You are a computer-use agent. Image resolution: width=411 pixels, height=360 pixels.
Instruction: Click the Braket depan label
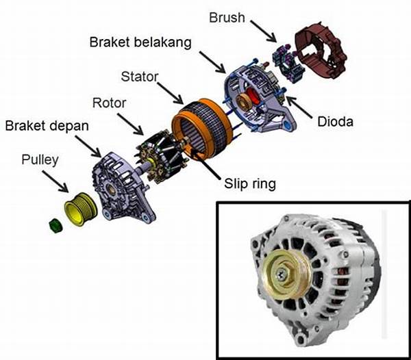point(47,127)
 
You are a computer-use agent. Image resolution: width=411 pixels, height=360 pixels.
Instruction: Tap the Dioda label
point(336,125)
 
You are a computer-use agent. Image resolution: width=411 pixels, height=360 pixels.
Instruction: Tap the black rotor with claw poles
point(163,157)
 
